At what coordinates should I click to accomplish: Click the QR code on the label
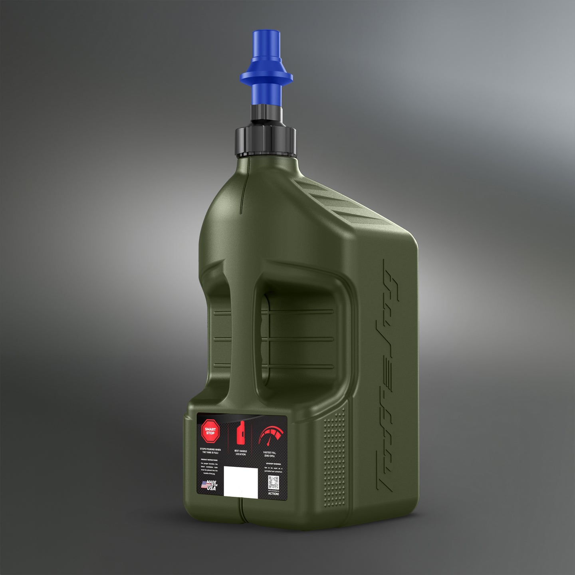[x=273, y=484]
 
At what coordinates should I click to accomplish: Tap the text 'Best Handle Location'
[x=240, y=453]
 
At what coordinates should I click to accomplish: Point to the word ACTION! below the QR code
[x=274, y=494]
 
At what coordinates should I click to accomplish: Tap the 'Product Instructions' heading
[x=209, y=460]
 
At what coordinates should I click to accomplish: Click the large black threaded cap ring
[x=266, y=142]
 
